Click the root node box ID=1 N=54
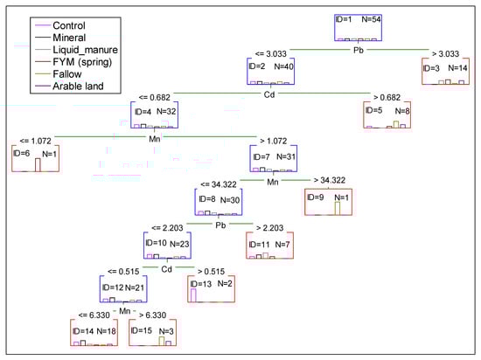coord(361,28)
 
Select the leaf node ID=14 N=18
coord(98,333)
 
